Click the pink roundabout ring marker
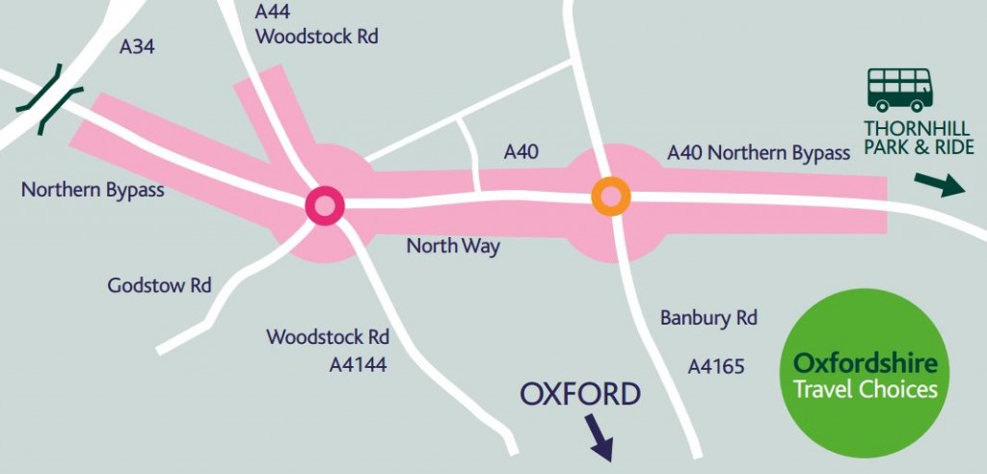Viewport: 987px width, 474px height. pyautogui.click(x=324, y=204)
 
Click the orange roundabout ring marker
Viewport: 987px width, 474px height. pyautogui.click(x=610, y=196)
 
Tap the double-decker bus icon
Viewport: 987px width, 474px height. pyautogui.click(x=900, y=90)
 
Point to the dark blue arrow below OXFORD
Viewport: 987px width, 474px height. pyautogui.click(x=600, y=436)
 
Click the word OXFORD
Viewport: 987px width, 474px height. pyautogui.click(x=579, y=394)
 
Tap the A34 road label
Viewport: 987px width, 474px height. pyautogui.click(x=138, y=46)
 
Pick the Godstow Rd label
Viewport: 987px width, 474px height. pyautogui.click(x=159, y=286)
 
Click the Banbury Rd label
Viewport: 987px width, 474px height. pyautogui.click(x=708, y=317)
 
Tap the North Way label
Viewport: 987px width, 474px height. pyautogui.click(x=453, y=247)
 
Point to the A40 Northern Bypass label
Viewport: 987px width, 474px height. pyautogui.click(x=759, y=153)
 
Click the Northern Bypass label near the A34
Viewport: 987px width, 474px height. pyautogui.click(x=93, y=190)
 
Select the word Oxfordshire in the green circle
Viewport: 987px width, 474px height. pyautogui.click(x=864, y=364)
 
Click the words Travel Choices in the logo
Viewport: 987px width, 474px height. pyautogui.click(x=864, y=389)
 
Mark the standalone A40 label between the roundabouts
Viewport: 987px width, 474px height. pyautogui.click(x=521, y=152)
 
